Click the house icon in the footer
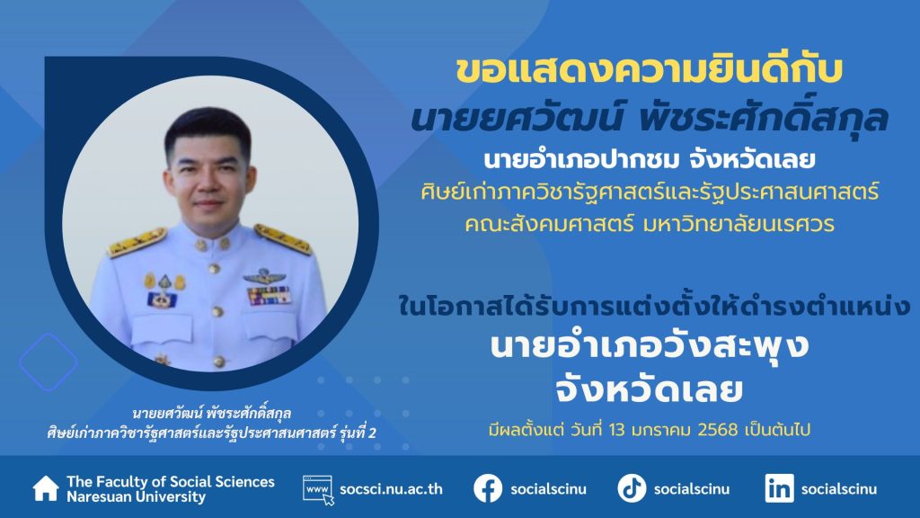(x=46, y=488)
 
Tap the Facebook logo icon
(x=488, y=488)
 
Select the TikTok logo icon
(x=632, y=488)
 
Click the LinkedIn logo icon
(x=779, y=488)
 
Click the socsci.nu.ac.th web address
(x=392, y=489)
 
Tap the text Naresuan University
(x=137, y=496)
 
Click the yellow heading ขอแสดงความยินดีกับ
(x=649, y=69)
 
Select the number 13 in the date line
(x=617, y=430)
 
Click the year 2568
(x=718, y=430)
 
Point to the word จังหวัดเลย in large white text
(x=650, y=389)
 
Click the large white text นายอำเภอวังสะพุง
(x=650, y=346)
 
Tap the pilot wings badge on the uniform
(x=265, y=275)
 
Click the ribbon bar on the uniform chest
(x=270, y=295)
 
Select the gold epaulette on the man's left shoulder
(x=282, y=238)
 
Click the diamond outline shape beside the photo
(x=49, y=362)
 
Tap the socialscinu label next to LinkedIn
(x=839, y=489)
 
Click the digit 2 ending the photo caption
(x=372, y=433)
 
